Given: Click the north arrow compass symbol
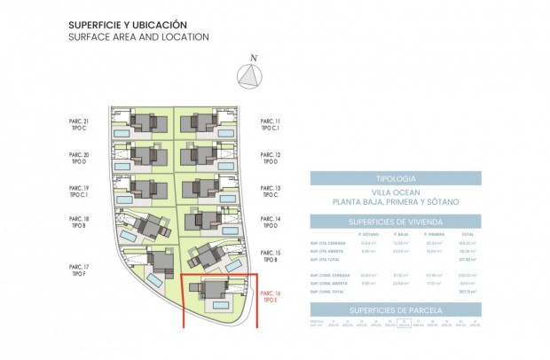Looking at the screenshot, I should (254, 77).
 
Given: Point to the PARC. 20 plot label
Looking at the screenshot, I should (79, 158).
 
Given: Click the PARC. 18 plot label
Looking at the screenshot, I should (79, 222).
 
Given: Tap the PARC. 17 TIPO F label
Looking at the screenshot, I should (79, 270).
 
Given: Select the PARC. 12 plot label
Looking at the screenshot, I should (271, 158).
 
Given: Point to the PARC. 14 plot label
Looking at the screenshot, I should (271, 222).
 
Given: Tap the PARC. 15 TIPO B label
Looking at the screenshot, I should (271, 256).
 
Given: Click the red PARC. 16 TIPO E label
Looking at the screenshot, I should (271, 297).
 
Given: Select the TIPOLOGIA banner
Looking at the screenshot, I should (395, 177).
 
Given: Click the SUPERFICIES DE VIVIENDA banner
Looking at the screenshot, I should (395, 221).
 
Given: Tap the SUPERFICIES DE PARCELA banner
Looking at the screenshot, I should (395, 309).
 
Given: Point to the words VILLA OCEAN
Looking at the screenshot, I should (395, 192).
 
